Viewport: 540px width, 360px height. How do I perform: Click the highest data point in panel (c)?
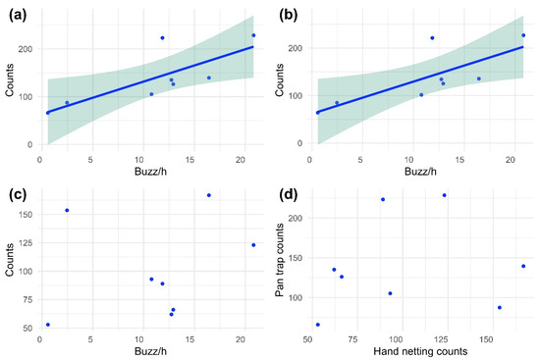pos(209,195)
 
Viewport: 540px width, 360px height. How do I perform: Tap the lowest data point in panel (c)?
pos(47,325)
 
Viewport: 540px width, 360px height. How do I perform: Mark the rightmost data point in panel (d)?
pos(523,266)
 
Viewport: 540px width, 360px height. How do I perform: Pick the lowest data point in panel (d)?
pos(317,325)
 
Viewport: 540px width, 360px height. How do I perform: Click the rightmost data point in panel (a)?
pos(253,35)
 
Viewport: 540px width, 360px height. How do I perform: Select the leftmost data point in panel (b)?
pos(317,112)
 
